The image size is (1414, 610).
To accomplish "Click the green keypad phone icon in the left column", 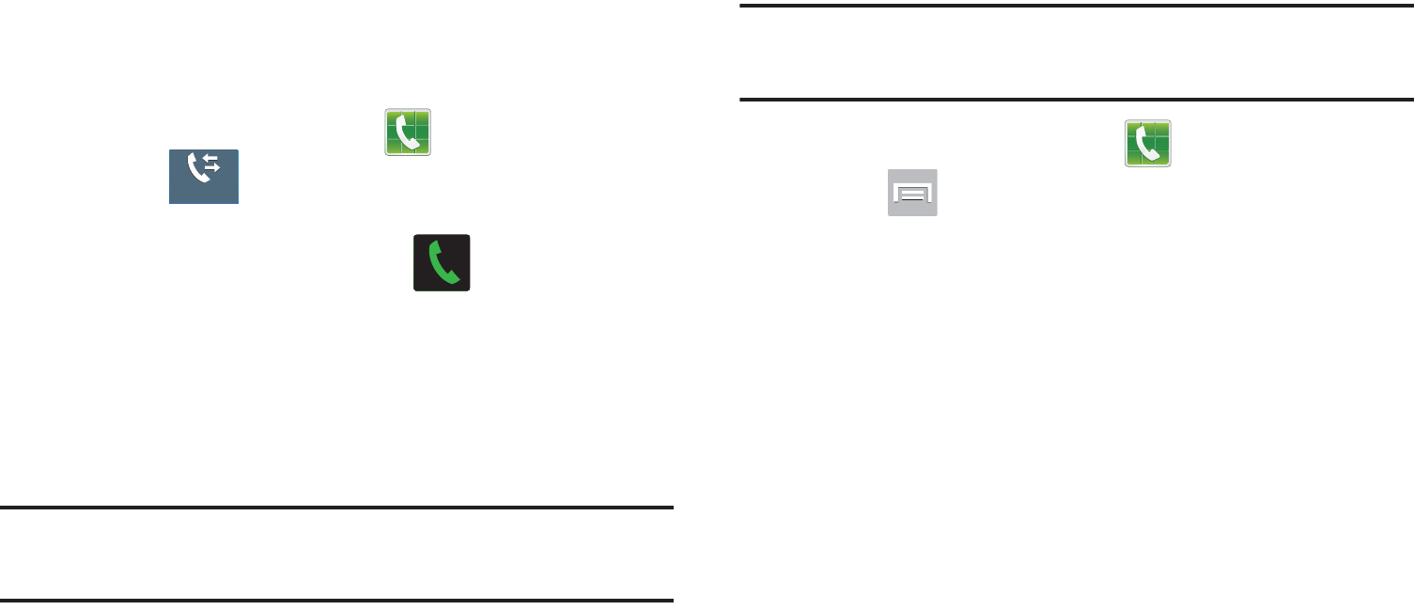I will coord(408,132).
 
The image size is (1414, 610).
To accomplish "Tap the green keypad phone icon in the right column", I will coord(1148,144).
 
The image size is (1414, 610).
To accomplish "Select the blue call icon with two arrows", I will coord(204,177).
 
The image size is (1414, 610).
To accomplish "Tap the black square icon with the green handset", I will coord(442,262).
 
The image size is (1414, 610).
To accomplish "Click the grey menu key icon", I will coord(912,193).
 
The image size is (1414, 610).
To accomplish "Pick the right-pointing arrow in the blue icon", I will coord(212,172).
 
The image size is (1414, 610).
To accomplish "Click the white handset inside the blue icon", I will coord(196,169).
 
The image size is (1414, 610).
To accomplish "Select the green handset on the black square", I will coord(442,263).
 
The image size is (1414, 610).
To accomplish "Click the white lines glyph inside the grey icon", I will coord(913,195).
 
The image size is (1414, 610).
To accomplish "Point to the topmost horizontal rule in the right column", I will coord(1077,6).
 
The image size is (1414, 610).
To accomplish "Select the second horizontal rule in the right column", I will coord(1077,99).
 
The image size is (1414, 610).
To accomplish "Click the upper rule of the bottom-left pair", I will coord(337,508).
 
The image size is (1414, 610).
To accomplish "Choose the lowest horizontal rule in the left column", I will coord(337,600).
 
